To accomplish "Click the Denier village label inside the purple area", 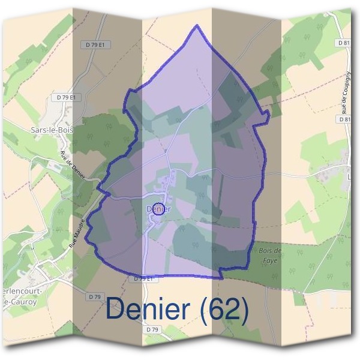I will [x=158, y=209].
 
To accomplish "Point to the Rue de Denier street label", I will [x=73, y=164].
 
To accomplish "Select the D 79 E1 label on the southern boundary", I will [x=146, y=279].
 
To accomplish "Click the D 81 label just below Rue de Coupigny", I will [x=344, y=119].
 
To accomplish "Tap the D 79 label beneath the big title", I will [x=152, y=329].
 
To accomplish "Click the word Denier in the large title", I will [x=149, y=308].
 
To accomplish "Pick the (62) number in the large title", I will [x=224, y=309].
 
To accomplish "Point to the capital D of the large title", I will [x=115, y=308].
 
